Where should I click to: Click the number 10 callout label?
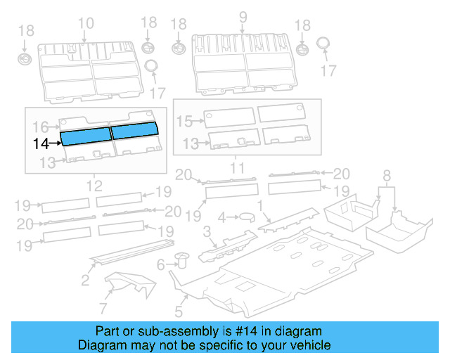tap(85, 23)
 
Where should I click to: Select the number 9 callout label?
tap(243, 18)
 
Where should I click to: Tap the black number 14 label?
tap(41, 143)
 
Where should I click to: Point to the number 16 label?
tap(41, 127)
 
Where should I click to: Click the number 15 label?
tap(184, 122)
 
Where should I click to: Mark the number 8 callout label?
tap(387, 175)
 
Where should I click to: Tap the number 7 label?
tap(103, 309)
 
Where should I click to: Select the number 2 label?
tap(85, 281)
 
